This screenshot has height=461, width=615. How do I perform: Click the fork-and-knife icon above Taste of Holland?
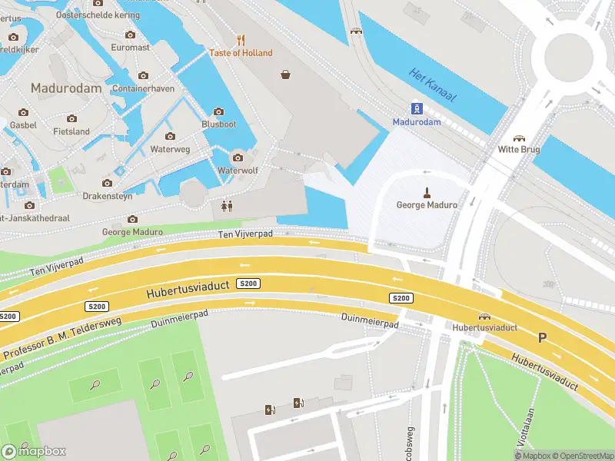(241, 40)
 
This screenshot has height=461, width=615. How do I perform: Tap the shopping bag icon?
(286, 75)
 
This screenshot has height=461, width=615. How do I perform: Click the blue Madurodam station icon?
(416, 108)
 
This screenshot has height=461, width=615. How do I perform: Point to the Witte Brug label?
(519, 150)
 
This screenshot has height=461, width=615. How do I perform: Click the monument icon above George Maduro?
(426, 191)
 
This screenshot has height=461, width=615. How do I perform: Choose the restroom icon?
(226, 206)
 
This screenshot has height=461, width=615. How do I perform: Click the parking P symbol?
(543, 337)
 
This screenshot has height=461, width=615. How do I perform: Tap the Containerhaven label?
(143, 88)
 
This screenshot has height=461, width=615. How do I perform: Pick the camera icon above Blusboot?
(218, 112)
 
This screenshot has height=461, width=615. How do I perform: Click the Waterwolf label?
(238, 171)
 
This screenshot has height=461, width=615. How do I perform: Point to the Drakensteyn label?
(108, 196)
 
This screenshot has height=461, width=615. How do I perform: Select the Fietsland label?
(71, 131)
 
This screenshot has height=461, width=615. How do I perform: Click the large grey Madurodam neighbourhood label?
(65, 88)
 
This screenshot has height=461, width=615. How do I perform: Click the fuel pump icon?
(298, 403)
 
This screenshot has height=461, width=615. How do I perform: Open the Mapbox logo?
(34, 451)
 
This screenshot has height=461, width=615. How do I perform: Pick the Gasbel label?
(23, 124)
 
